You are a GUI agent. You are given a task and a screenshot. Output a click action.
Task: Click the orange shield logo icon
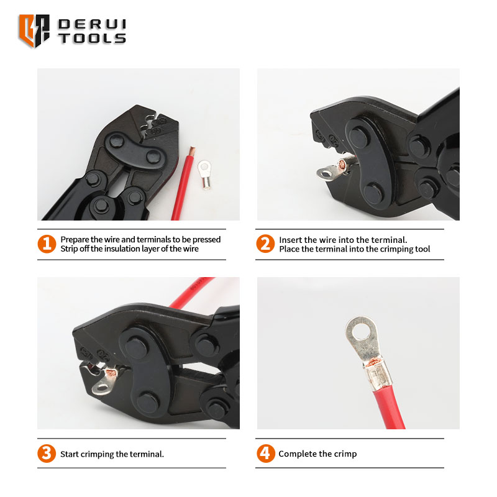coord(34,30)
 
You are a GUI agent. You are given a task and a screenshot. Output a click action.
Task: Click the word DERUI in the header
coord(92,24)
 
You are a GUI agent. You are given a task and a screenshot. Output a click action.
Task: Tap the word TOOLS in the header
coord(92,39)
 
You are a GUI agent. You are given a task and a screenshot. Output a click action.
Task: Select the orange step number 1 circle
coord(47,244)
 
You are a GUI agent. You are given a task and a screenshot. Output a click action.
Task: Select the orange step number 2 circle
coord(265,244)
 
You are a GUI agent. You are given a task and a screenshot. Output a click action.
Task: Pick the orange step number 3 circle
coord(47,454)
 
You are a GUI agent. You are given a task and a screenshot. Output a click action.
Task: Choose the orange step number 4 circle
coord(266,454)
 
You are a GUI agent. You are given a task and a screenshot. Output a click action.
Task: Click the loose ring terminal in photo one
coord(205,175)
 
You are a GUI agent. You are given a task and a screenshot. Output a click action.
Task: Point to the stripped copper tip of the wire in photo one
coord(192,151)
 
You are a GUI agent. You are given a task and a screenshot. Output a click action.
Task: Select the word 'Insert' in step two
coord(290,240)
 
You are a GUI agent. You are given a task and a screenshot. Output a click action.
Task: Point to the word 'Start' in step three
coord(70,454)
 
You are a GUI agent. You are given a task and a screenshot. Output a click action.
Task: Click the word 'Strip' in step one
coord(69,249)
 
